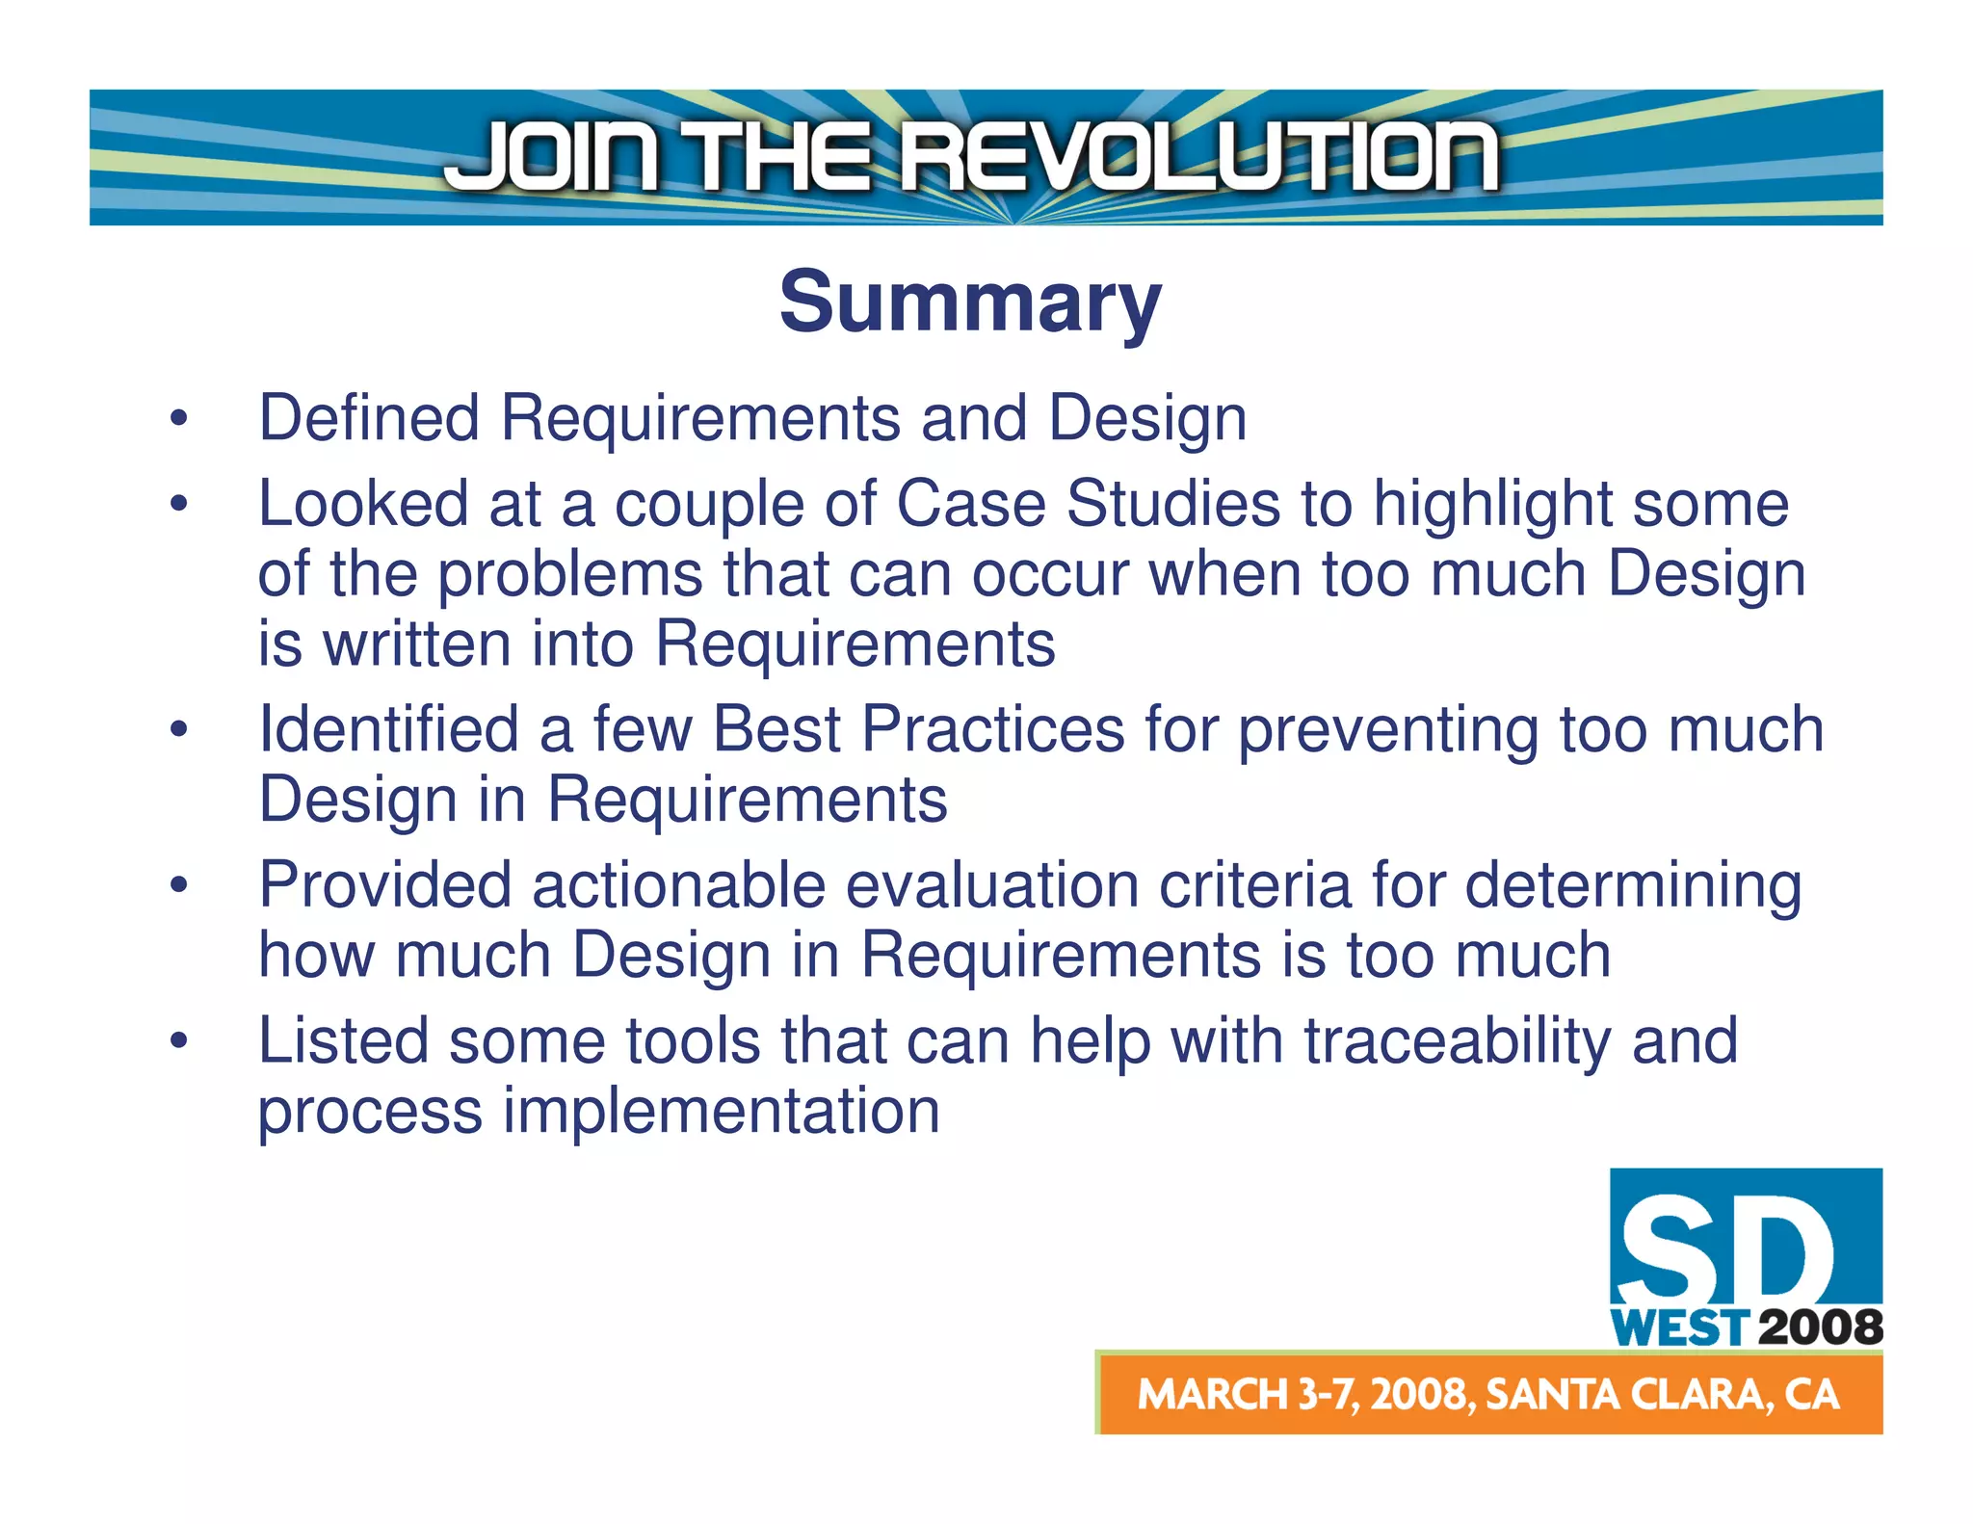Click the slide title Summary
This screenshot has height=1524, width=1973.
970,302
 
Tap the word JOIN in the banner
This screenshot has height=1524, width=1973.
554,156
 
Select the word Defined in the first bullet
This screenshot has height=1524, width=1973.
369,418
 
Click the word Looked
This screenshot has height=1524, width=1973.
362,504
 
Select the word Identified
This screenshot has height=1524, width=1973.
388,729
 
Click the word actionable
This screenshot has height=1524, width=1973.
678,885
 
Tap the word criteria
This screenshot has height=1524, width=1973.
1255,885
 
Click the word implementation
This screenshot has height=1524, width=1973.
722,1112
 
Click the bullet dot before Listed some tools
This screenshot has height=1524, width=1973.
178,1041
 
